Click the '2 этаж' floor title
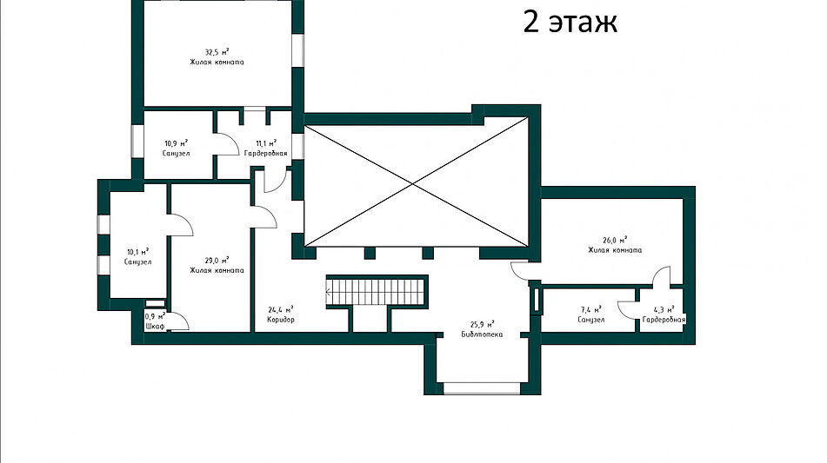(570, 23)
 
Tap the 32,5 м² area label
(217, 52)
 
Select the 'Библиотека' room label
(482, 334)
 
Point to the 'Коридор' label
(281, 320)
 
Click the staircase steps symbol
(376, 291)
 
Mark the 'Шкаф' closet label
(155, 327)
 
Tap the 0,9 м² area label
(155, 317)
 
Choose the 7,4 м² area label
(590, 310)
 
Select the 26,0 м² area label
(615, 241)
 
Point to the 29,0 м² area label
(217, 261)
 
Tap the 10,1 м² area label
(137, 252)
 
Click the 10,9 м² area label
(177, 143)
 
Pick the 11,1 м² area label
(266, 143)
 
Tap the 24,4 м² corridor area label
(281, 310)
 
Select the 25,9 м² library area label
(482, 325)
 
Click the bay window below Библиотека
(482, 389)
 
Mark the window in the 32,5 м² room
(298, 51)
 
